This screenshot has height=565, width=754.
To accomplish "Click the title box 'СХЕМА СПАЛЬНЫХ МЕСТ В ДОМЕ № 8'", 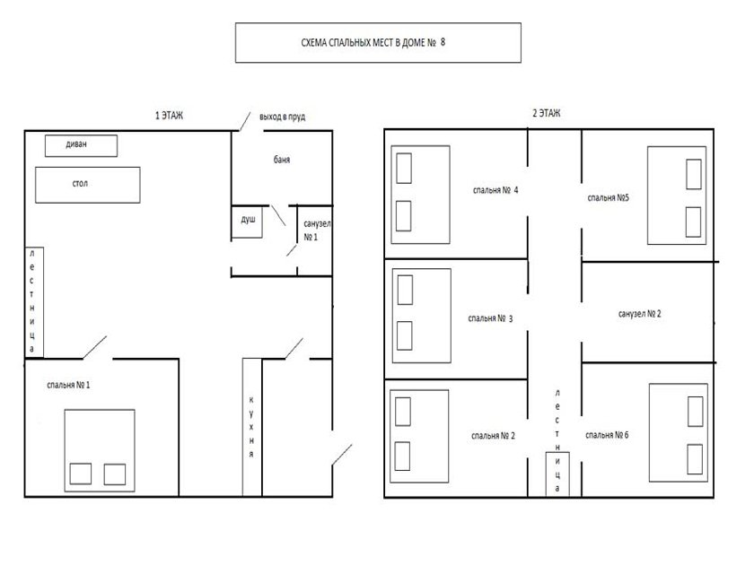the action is coord(378,43).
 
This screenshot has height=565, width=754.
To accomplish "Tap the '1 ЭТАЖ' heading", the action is coord(169,116).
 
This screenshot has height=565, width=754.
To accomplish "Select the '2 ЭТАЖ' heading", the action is coord(547,113).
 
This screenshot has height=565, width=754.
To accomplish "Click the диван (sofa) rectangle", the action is coord(82,145).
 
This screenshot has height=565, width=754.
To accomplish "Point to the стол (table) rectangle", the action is coord(88,185).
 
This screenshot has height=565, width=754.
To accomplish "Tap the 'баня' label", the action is coord(282,160).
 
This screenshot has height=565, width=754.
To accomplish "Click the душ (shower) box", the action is coord(247,222).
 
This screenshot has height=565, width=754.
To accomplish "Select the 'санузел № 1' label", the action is coord(317,230).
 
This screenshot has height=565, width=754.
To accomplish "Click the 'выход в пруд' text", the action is coord(282,117).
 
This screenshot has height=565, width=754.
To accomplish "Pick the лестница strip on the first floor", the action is coord(34,302).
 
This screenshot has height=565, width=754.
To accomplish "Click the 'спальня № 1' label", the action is coord(68,385).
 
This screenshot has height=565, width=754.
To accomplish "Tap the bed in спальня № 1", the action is coord(100,450).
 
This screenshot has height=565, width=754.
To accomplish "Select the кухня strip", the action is coord(252,427).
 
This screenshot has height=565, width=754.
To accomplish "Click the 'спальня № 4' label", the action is coord(495,190).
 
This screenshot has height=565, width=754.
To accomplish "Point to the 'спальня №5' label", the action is coord(609,198).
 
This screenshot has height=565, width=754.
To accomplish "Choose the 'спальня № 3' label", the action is coord(490,318).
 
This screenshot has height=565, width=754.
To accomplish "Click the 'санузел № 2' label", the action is coord(639,314).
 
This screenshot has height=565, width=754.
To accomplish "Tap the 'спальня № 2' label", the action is coord(493,436).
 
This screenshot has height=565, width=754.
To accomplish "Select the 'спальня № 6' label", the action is coord(607,435).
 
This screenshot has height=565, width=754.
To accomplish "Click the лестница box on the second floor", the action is coord(557,474).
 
